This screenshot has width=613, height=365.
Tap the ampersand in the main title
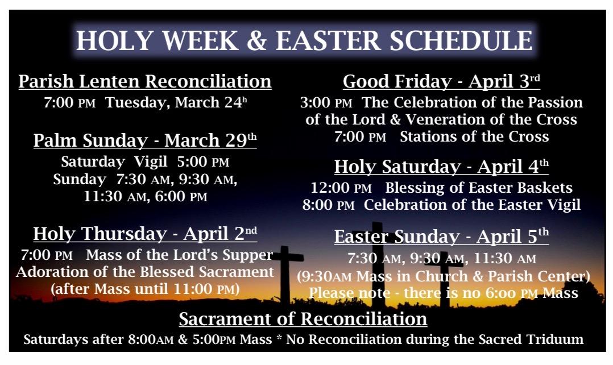(x=257, y=40)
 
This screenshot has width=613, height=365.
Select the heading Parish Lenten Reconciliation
(x=145, y=82)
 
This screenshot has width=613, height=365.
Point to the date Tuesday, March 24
(x=176, y=102)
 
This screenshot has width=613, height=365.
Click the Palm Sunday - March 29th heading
(x=145, y=140)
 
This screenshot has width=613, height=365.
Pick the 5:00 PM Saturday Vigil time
(x=203, y=162)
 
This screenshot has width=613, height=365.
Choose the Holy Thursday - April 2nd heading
(x=145, y=234)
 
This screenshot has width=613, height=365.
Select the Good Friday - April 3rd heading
(x=441, y=81)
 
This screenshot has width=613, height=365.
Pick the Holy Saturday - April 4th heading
(x=441, y=167)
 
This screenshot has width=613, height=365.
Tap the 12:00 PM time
(x=341, y=188)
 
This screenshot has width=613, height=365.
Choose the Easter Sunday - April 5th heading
(x=441, y=237)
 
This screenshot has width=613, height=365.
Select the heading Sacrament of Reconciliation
(x=303, y=319)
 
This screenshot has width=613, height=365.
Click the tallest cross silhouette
(x=377, y=266)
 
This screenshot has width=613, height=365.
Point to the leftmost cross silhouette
(x=287, y=273)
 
